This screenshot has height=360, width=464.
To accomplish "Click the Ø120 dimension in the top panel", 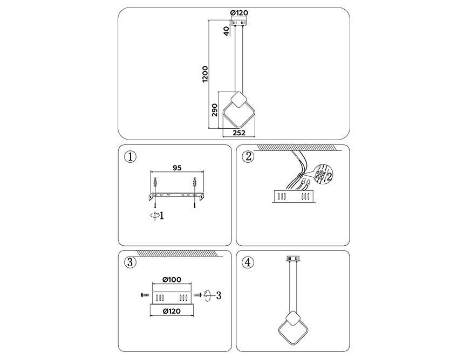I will coord(238,13).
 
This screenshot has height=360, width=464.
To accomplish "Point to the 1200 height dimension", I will coord(205,74).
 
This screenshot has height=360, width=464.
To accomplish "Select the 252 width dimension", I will coord(239,132).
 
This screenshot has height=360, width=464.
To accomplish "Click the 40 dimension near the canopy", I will coord(226,31).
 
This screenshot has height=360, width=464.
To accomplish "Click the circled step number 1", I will coord(129,157).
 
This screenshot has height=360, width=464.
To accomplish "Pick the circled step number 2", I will coord(248,157).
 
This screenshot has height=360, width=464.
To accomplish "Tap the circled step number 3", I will coord(129,262).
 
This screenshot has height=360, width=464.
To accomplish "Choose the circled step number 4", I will coord(248,262).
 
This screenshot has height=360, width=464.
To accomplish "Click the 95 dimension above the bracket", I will coord(176,168).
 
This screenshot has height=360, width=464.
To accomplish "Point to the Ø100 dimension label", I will coord(172,280).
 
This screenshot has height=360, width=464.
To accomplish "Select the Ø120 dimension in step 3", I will coord(172,311).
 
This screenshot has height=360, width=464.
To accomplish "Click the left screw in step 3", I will coord(144,295).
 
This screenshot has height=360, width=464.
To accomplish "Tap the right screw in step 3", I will coord(199,295).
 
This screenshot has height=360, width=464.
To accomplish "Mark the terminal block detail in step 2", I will coord(320,174).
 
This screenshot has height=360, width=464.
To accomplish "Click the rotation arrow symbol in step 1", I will coord(155,215).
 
